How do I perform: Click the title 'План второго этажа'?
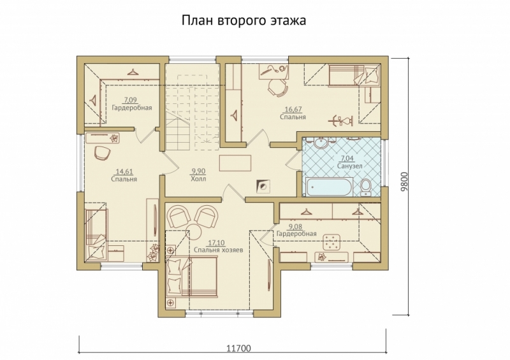coord(244,21)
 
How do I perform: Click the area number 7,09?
coord(131,99)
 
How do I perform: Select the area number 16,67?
coord(293,109)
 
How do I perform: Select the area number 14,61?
coord(124,171)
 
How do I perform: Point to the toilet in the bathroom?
coord(366,186)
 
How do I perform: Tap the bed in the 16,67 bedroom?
coord(347,75)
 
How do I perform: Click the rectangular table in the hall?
coord(234,162)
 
